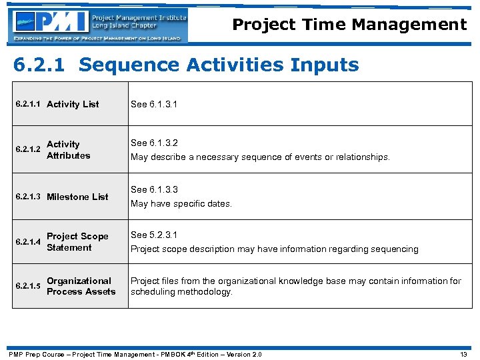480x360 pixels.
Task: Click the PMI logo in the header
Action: pos(98,25)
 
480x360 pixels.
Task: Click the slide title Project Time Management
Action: pos(349,25)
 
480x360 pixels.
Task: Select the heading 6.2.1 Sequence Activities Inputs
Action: pos(187,65)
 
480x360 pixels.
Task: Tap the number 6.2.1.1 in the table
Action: pos(29,105)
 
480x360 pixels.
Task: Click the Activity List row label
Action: pos(73,105)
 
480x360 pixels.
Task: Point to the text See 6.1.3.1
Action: pos(155,105)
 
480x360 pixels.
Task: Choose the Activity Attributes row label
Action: pos(68,150)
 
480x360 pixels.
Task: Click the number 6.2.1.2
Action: pos(29,150)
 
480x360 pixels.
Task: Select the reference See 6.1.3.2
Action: pos(155,143)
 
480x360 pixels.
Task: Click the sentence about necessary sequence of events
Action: pos(260,157)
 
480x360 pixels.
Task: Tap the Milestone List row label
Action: pos(77,197)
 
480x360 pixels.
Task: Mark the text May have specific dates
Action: pos(181,204)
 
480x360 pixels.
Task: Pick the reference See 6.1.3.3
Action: pos(155,190)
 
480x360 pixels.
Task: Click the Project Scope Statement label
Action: pos(77,242)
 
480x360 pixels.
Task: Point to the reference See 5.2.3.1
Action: pos(155,235)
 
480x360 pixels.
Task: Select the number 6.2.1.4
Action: pos(29,242)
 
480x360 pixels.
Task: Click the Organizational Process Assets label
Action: pos(81,287)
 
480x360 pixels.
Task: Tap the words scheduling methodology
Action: pos(181,293)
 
